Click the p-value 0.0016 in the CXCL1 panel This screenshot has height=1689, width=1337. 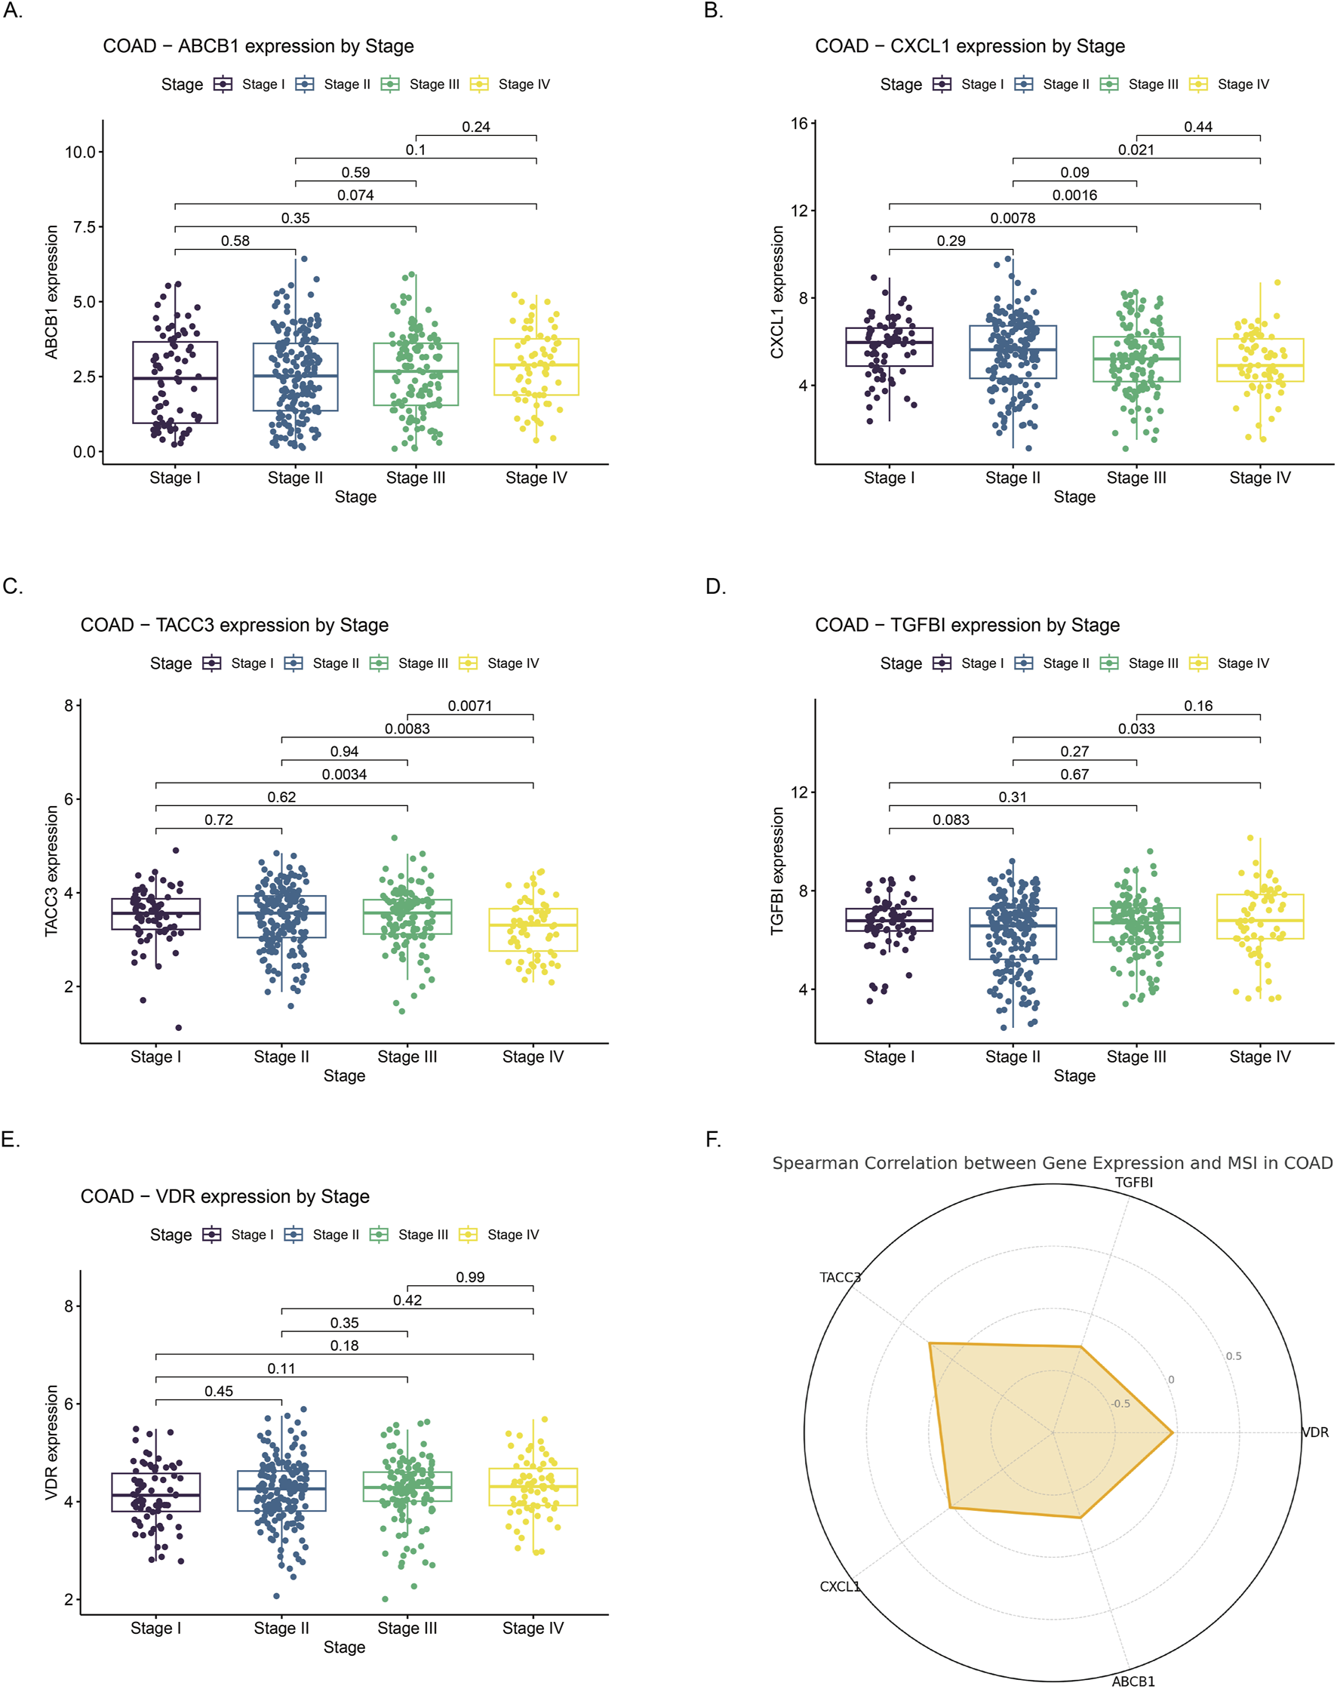click(1074, 195)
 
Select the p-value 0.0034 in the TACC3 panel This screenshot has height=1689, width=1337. click(344, 774)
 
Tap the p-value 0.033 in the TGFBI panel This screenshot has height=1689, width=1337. click(1136, 728)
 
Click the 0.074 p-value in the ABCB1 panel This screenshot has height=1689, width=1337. click(355, 195)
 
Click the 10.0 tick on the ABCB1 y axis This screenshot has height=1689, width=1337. click(80, 152)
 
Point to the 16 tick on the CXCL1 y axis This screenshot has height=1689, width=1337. click(798, 124)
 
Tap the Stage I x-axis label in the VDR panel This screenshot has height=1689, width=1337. click(155, 1628)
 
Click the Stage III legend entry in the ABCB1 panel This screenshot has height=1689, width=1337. click(434, 85)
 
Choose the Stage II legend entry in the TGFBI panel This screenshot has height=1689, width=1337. click(1065, 663)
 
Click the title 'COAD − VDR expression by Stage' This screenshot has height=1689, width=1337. click(225, 1196)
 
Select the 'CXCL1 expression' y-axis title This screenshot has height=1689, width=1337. click(776, 292)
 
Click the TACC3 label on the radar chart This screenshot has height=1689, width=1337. click(840, 1277)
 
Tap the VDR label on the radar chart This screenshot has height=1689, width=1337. click(1315, 1432)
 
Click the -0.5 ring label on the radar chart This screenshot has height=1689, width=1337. click(1121, 1403)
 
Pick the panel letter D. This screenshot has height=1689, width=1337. click(715, 586)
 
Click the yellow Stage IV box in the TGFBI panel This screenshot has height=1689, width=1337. click(1259, 916)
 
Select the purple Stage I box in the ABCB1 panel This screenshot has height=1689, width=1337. click(174, 382)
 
